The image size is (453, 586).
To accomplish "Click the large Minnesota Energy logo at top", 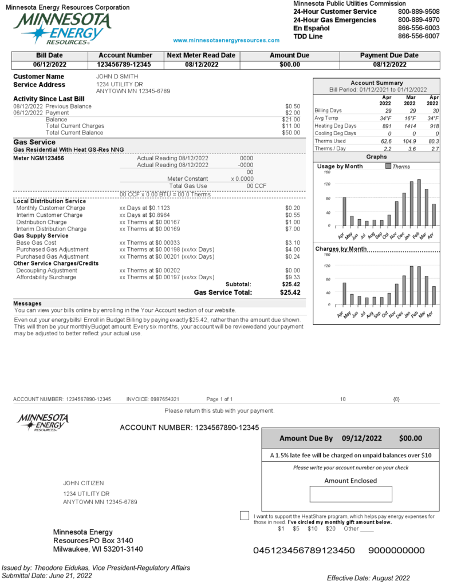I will click(62, 28).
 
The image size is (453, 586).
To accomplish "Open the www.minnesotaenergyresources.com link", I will click(226, 41).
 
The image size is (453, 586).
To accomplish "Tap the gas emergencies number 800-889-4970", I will click(419, 20).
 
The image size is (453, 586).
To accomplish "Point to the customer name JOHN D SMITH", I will click(117, 76).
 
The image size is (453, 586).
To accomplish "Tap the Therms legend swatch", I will click(388, 167).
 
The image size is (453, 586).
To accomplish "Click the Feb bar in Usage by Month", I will click(419, 203).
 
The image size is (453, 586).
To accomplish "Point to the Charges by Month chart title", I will click(340, 249).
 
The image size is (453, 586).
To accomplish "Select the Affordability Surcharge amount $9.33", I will click(292, 278).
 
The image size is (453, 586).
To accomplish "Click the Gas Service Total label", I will click(223, 292).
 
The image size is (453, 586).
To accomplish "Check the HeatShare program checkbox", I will click(245, 516).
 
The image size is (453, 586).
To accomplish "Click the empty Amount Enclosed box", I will click(350, 494).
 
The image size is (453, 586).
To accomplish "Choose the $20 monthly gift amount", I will click(330, 529).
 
